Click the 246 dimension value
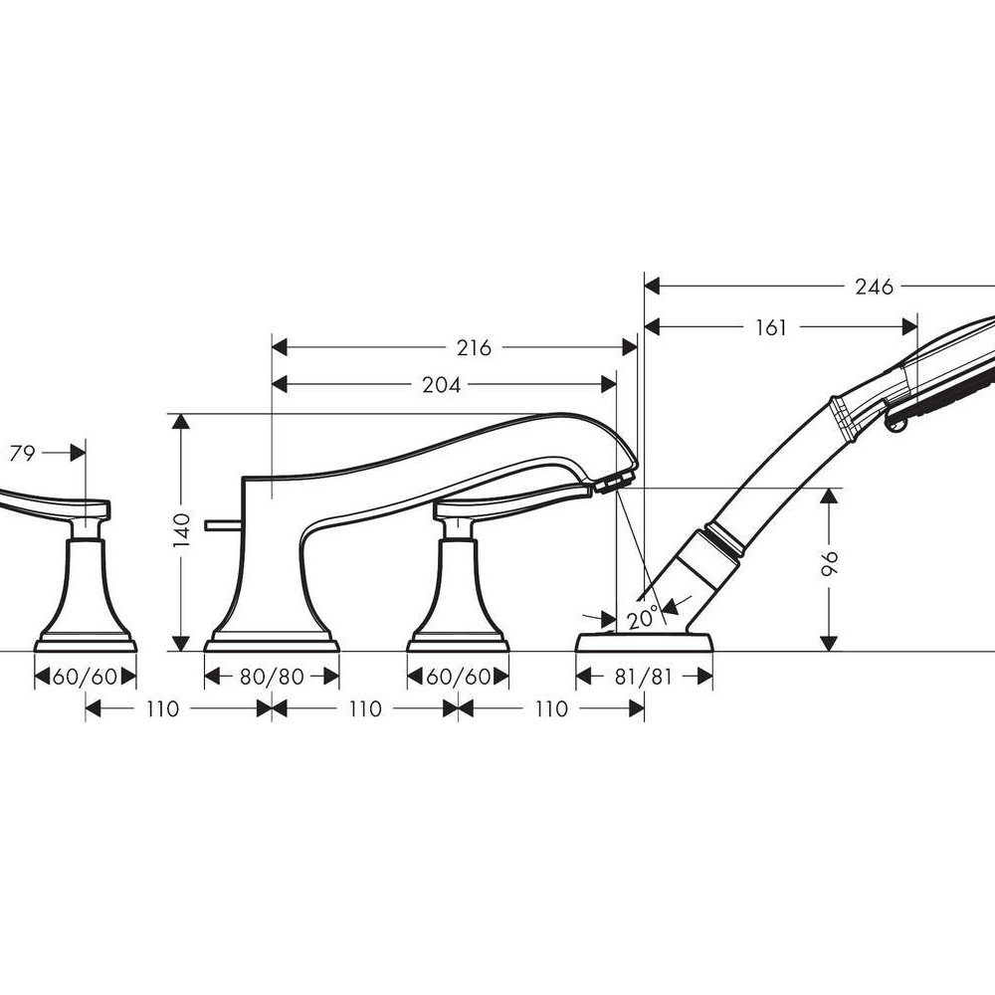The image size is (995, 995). [874, 287]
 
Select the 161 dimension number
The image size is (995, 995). [771, 327]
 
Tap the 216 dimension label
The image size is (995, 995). [474, 347]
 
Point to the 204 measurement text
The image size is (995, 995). [441, 384]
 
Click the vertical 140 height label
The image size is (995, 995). [181, 530]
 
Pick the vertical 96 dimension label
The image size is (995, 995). [829, 563]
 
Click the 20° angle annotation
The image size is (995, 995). [643, 617]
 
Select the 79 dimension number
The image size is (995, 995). [22, 453]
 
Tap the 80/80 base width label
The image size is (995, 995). [272, 677]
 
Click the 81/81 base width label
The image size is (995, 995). [644, 677]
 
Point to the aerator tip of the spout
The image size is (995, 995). [615, 482]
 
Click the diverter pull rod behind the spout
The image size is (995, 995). [222, 524]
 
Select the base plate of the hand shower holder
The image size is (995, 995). [644, 642]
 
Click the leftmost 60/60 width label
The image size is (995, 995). [85, 677]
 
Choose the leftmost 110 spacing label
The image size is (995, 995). [162, 708]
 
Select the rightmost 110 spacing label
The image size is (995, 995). [551, 708]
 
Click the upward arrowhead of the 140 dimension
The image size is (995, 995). [181, 422]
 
